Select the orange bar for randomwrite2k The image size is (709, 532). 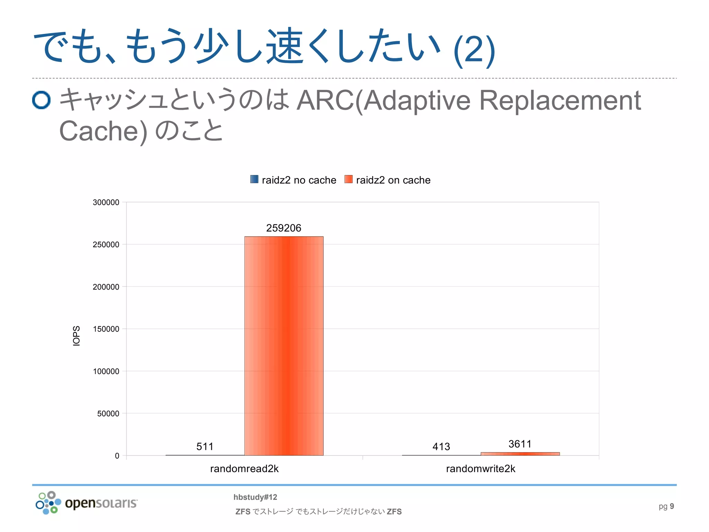tap(520, 454)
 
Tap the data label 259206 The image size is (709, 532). tap(284, 228)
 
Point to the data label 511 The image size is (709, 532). tap(205, 446)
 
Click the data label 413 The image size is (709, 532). tap(441, 446)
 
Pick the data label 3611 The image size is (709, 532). tap(520, 444)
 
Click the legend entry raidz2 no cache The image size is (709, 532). tap(293, 180)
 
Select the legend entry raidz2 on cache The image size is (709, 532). tap(388, 180)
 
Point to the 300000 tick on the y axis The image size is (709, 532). tap(106, 203)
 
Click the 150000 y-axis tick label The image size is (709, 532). tap(106, 329)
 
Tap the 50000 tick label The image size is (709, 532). tap(108, 414)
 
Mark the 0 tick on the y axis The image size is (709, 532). tap(117, 456)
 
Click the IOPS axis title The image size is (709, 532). tap(77, 336)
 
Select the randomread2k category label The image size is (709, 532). tap(244, 469)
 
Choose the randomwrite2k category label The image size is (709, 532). tap(481, 469)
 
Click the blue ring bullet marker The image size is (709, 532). tap(42, 100)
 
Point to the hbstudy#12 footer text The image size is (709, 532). tap(255, 497)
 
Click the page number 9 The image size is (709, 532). tap(672, 506)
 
